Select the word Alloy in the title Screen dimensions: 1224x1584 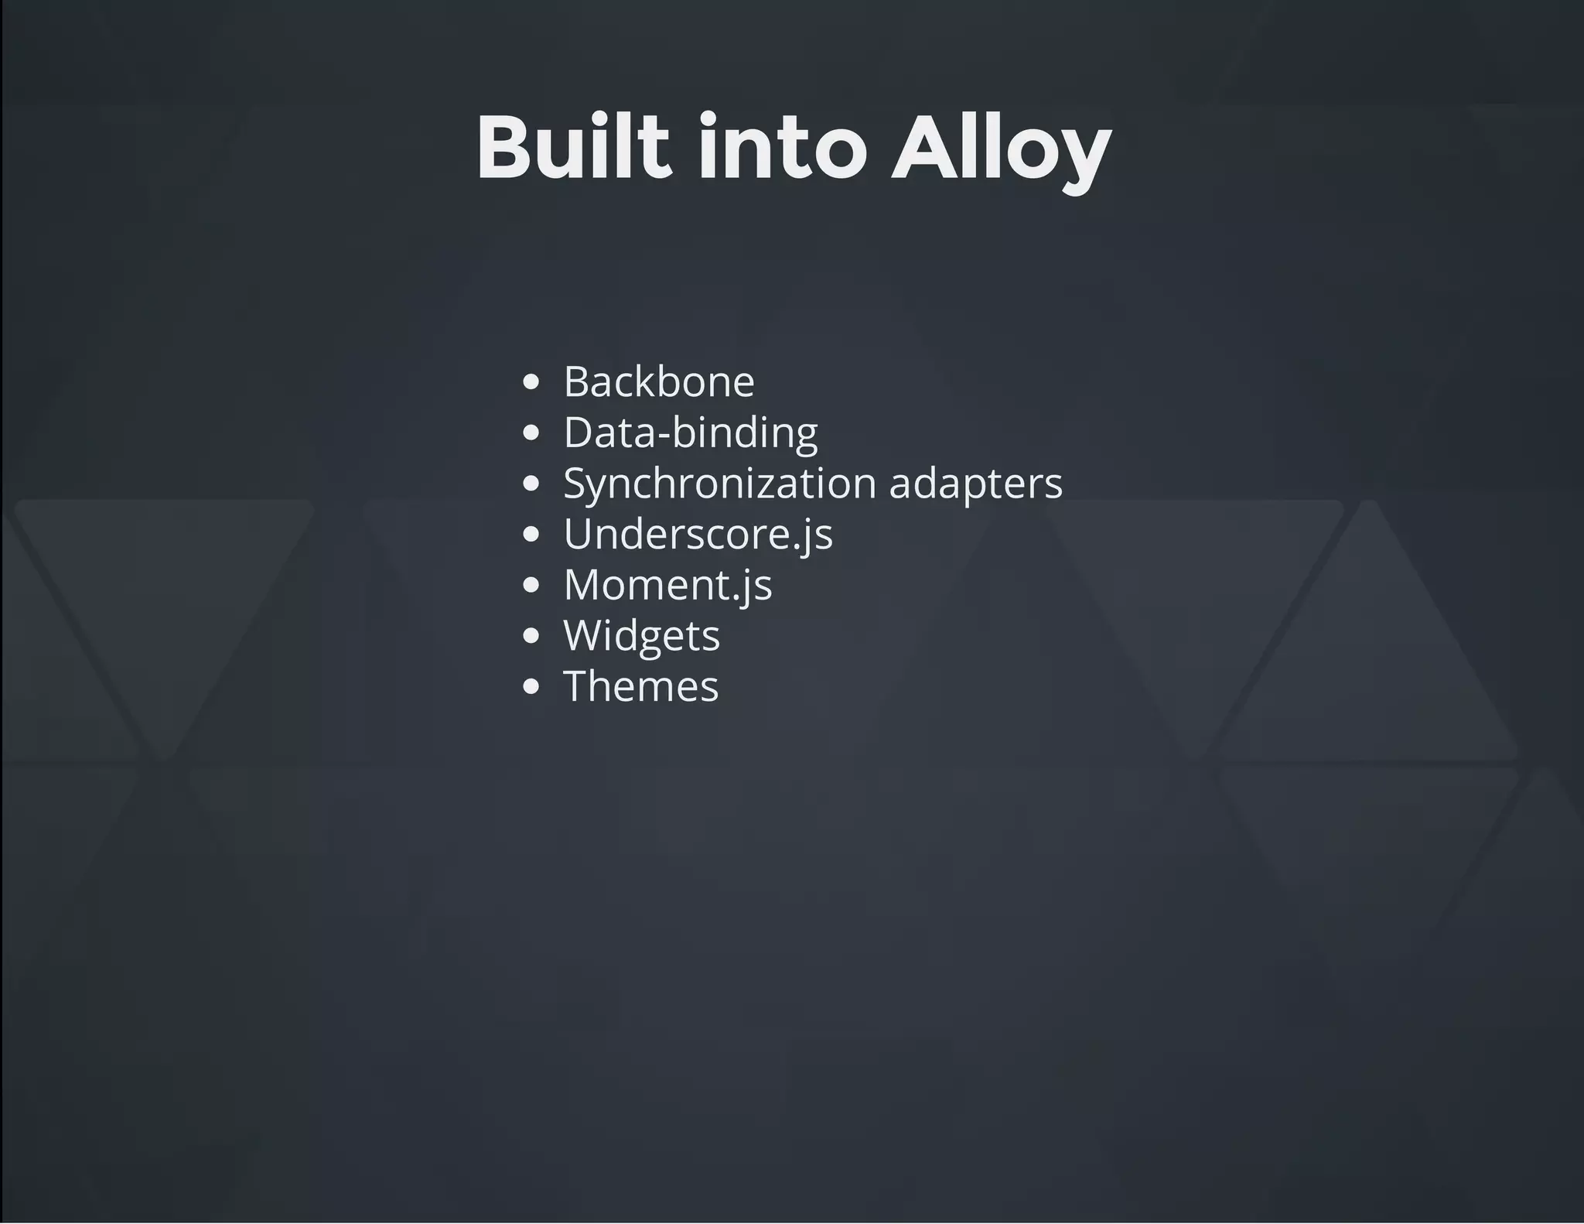(1001, 149)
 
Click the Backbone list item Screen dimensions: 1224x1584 (658, 381)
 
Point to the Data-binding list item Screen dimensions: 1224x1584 (690, 432)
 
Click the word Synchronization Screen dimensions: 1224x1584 (719, 484)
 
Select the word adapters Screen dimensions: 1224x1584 (976, 484)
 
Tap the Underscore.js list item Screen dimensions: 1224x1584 (698, 534)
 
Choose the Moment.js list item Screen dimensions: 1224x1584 (667, 584)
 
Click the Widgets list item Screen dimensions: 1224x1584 (641, 635)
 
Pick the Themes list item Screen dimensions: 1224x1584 (640, 686)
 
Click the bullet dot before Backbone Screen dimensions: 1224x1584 (531, 381)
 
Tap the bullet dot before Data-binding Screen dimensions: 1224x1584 (531, 433)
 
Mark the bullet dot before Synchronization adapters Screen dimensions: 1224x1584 (531, 484)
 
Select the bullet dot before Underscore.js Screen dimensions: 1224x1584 (531, 534)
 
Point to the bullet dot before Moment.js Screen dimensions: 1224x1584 (531, 585)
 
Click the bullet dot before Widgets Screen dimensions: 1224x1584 (531, 636)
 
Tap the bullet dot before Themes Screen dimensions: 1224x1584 (531, 686)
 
